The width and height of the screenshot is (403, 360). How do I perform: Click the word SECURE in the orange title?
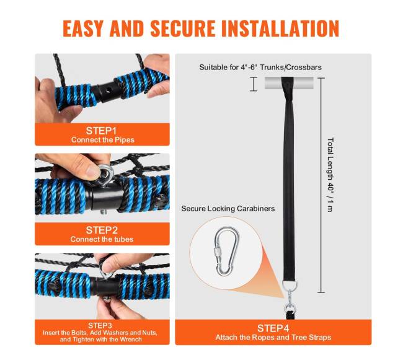182,29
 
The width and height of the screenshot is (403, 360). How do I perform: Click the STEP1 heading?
101,131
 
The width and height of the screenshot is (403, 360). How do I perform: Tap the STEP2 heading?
102,230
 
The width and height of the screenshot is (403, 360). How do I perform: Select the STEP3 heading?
100,325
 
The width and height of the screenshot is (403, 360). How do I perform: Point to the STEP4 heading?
273,328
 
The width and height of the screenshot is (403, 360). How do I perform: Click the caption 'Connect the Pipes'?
103,139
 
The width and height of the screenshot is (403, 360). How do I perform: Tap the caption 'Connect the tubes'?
102,239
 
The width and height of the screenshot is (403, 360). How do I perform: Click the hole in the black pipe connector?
108,90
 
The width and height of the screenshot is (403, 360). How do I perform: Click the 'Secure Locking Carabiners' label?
228,208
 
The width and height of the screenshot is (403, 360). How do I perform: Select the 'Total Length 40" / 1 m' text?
330,175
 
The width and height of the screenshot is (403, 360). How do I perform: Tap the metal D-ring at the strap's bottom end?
290,285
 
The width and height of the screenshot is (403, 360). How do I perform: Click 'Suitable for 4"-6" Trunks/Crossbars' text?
260,68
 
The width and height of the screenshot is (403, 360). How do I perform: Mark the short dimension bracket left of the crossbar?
254,84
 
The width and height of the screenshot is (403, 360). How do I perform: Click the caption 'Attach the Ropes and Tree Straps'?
273,337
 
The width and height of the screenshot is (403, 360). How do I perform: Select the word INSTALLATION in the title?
280,29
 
